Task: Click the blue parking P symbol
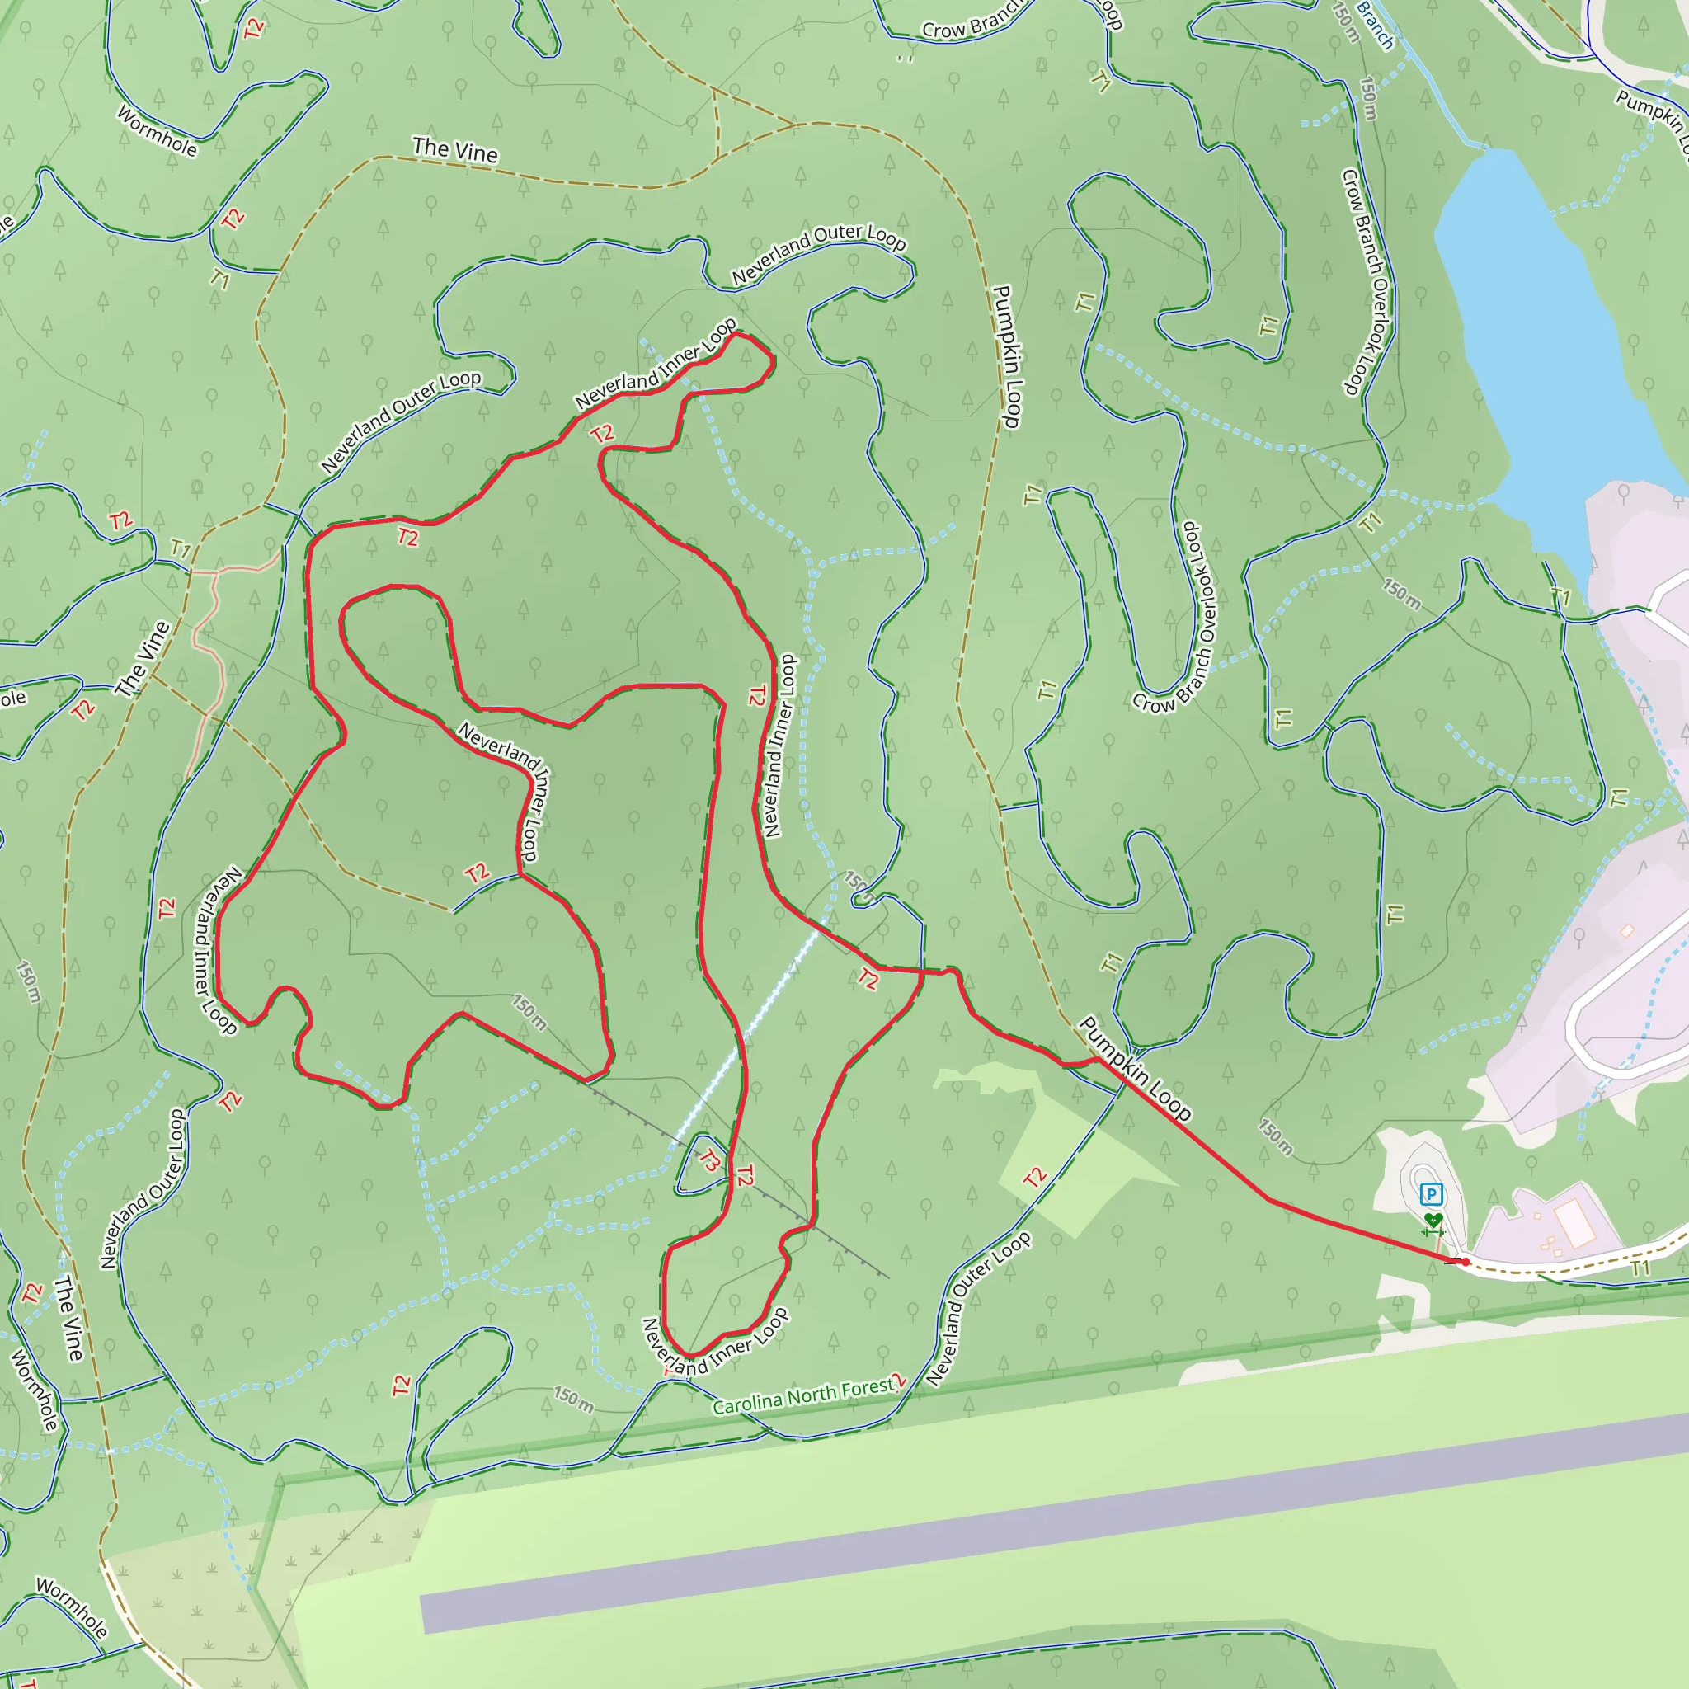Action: (1430, 1193)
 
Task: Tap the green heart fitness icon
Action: (1432, 1219)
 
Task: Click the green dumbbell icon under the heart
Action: (1432, 1233)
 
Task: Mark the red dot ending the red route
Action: (1465, 1262)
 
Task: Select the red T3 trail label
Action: (710, 1161)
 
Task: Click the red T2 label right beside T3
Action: (744, 1176)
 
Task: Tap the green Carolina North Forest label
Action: (805, 1396)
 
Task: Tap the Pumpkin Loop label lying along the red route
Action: (1135, 1068)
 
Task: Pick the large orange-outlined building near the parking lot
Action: (1571, 1222)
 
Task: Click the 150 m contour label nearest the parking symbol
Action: (1276, 1136)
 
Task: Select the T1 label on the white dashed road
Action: (1640, 1268)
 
